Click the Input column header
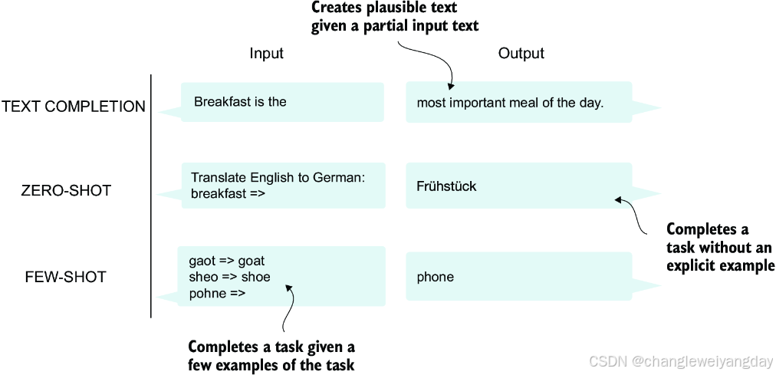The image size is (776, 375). [x=266, y=54]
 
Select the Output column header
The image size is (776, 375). [x=521, y=54]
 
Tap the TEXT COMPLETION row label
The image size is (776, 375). [x=74, y=107]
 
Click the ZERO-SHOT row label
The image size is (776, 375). [x=66, y=190]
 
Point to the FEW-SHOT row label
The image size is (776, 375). [x=65, y=277]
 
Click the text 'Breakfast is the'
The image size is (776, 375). [x=240, y=102]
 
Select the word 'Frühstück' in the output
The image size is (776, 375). [x=446, y=186]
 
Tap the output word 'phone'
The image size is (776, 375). [x=435, y=277]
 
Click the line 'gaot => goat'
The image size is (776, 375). [x=226, y=261]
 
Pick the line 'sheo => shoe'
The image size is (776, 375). [x=229, y=277]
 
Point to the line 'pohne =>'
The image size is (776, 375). [x=217, y=293]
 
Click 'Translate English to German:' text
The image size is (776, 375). [x=278, y=178]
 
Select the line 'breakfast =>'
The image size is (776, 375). [x=228, y=194]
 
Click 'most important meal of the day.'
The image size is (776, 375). [x=510, y=103]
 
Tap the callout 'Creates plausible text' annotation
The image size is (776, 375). [x=394, y=17]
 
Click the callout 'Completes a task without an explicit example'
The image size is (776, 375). [x=719, y=247]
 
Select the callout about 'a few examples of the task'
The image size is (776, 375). [x=271, y=356]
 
